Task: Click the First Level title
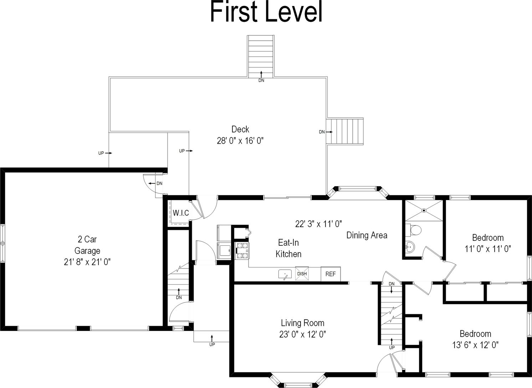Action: point(266,12)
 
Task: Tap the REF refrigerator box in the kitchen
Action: point(331,274)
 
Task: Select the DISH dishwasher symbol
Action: point(302,274)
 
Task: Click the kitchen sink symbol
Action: point(285,275)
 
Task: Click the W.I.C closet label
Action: point(181,213)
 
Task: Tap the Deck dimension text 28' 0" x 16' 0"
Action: point(240,141)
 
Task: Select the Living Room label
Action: point(302,323)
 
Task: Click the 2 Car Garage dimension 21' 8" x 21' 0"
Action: point(87,262)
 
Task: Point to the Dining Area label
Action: point(367,235)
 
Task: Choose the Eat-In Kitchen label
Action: point(289,248)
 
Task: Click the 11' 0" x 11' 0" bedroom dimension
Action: point(488,249)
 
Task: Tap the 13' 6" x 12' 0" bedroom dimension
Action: point(475,345)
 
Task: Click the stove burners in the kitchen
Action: point(241,250)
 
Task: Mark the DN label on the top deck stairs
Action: point(261,81)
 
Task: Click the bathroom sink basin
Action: point(410,246)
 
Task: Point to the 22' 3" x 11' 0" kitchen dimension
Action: point(318,224)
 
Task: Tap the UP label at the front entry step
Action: point(212,344)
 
